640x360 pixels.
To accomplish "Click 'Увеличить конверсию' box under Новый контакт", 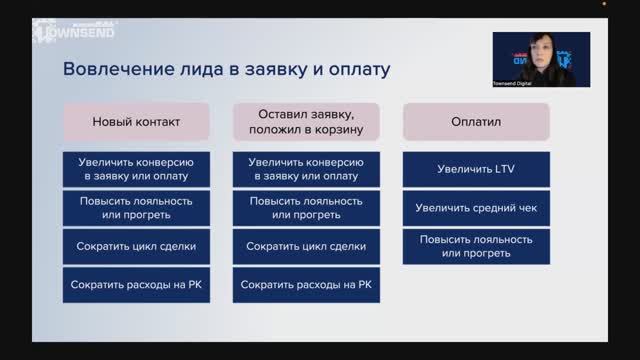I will pos(136,169).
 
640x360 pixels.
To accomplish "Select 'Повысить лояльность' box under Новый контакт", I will pos(136,208).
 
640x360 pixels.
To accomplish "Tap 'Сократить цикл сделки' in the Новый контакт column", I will pos(136,246).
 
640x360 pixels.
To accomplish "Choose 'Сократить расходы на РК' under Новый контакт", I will pos(136,285).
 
